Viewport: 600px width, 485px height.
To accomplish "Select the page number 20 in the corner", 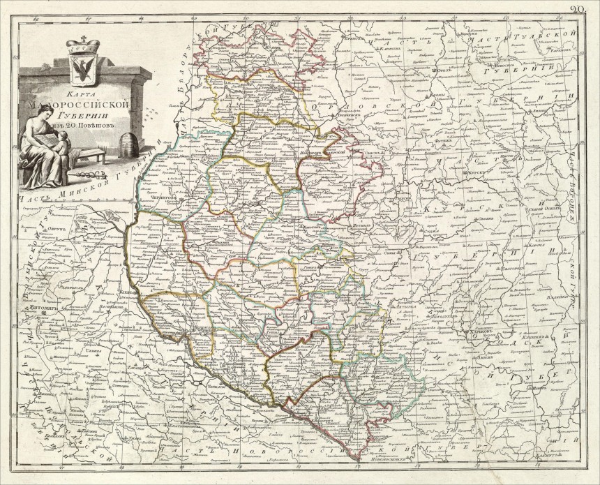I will (x=585, y=9).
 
